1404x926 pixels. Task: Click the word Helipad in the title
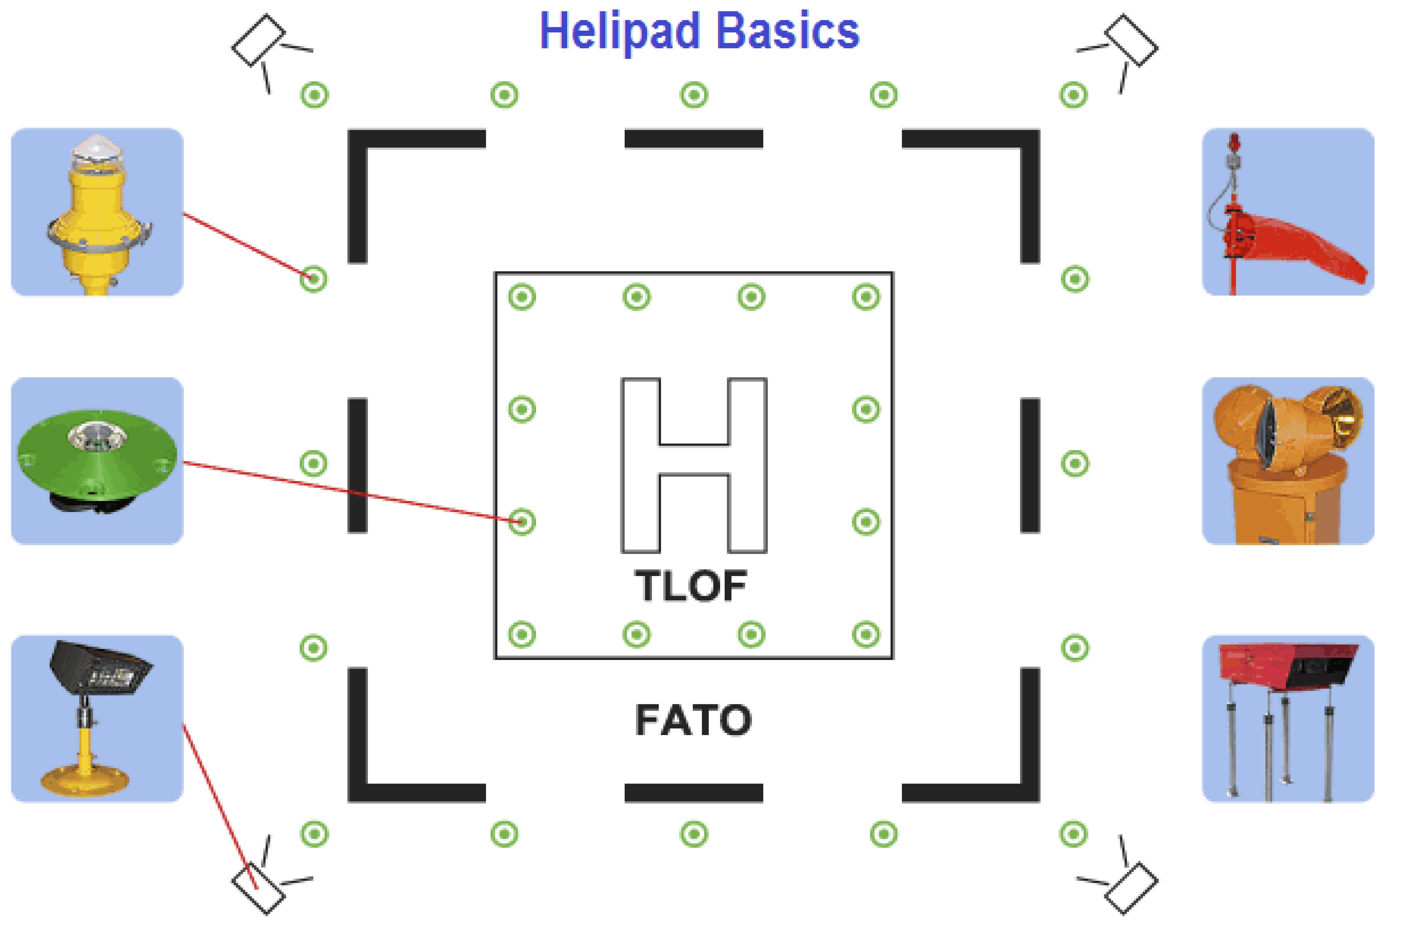click(x=620, y=33)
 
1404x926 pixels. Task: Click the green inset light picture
click(x=97, y=461)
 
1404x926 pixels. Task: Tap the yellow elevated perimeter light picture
click(x=97, y=211)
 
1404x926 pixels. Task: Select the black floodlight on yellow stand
click(x=97, y=719)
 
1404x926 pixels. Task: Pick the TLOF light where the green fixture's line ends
click(x=522, y=521)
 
